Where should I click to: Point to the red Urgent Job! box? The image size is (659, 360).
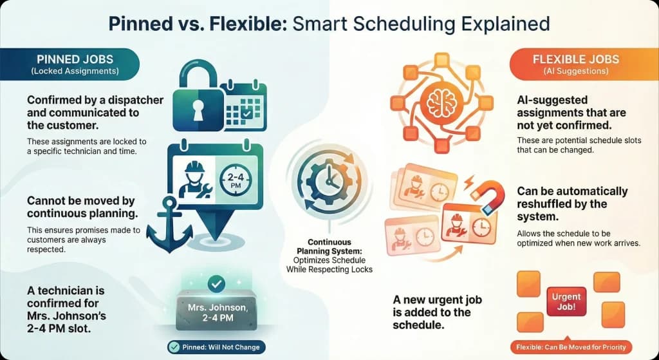click(x=566, y=302)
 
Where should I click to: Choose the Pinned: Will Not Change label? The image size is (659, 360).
click(x=214, y=348)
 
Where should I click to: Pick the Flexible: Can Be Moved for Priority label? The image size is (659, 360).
click(x=571, y=348)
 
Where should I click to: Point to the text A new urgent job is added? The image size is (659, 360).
click(x=438, y=312)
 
